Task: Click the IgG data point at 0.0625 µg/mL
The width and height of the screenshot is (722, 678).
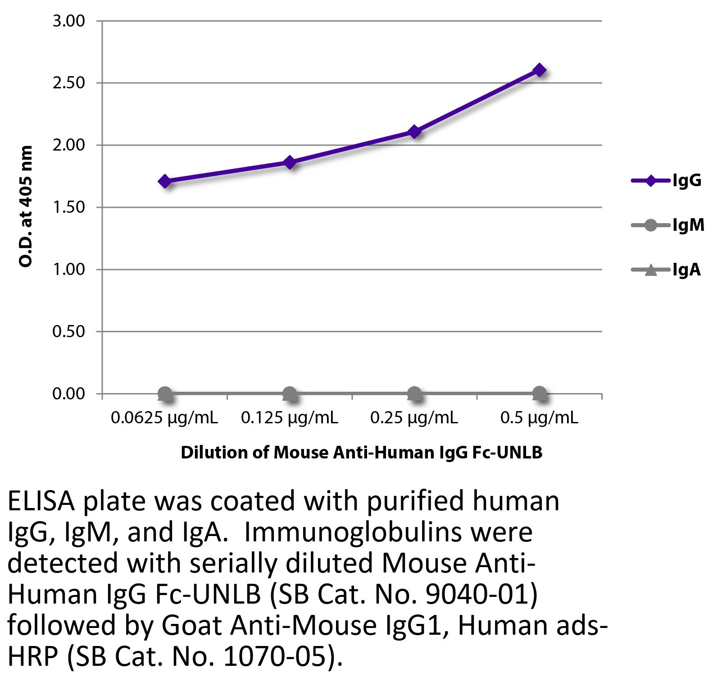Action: coord(165,182)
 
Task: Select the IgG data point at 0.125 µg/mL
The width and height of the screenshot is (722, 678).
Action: coord(290,162)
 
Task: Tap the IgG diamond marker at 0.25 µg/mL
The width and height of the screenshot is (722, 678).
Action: coord(414,132)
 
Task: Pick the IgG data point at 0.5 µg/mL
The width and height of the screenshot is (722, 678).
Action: coord(539,70)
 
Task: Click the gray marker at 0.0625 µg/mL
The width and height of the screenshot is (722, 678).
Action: coord(165,394)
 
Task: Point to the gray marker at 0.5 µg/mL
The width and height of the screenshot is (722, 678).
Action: coord(539,394)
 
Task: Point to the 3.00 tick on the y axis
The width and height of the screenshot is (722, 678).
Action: coord(69,21)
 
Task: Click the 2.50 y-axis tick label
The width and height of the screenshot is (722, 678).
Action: coord(69,83)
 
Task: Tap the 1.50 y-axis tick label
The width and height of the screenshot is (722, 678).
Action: coord(69,208)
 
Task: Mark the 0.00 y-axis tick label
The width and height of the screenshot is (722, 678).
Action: coord(69,394)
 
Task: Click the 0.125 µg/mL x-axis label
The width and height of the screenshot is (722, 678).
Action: coord(290,418)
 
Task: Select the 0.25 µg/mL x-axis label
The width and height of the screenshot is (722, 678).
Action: coord(414,418)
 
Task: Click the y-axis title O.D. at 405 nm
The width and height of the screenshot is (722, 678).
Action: coord(26,206)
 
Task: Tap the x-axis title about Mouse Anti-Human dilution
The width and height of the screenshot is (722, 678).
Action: coord(361,452)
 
